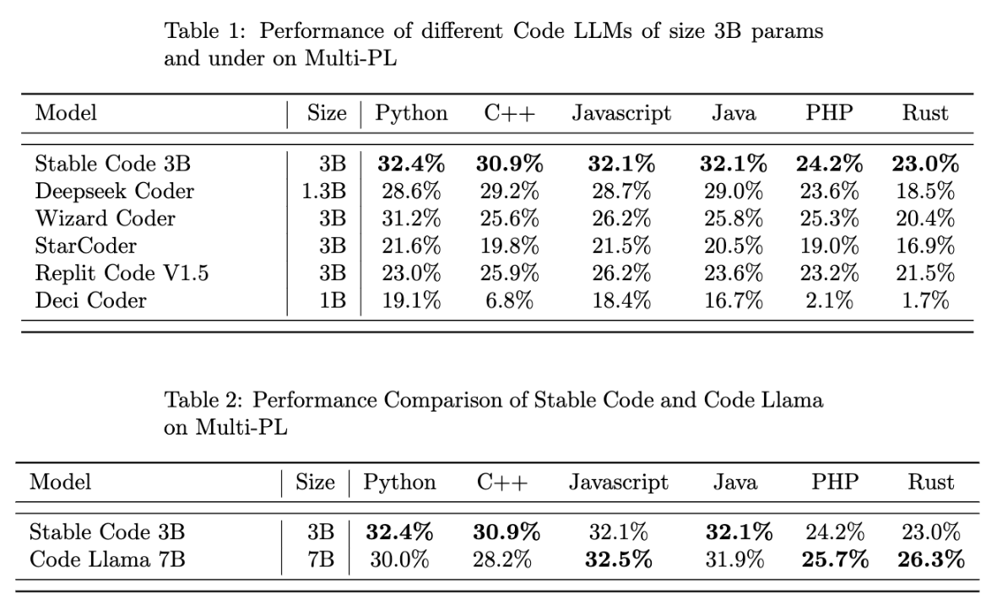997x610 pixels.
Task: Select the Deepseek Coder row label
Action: pos(114,192)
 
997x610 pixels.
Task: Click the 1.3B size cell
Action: pos(323,192)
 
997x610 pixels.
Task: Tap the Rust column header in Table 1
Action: pos(925,113)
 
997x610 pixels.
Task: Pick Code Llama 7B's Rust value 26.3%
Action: pos(930,559)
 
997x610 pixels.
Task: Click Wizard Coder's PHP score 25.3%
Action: pos(830,219)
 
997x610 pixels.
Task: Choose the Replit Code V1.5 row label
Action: pos(122,273)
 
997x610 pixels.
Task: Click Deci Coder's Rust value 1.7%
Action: pos(925,300)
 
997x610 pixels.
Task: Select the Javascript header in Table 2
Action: pos(618,483)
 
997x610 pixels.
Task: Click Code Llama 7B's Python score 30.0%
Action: pos(399,559)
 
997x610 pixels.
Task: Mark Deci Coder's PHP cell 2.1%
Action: pos(830,300)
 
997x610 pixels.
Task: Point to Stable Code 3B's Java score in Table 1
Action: pos(733,164)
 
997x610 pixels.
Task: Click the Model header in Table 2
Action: pos(60,483)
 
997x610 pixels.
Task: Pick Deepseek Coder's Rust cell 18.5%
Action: pos(925,192)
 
